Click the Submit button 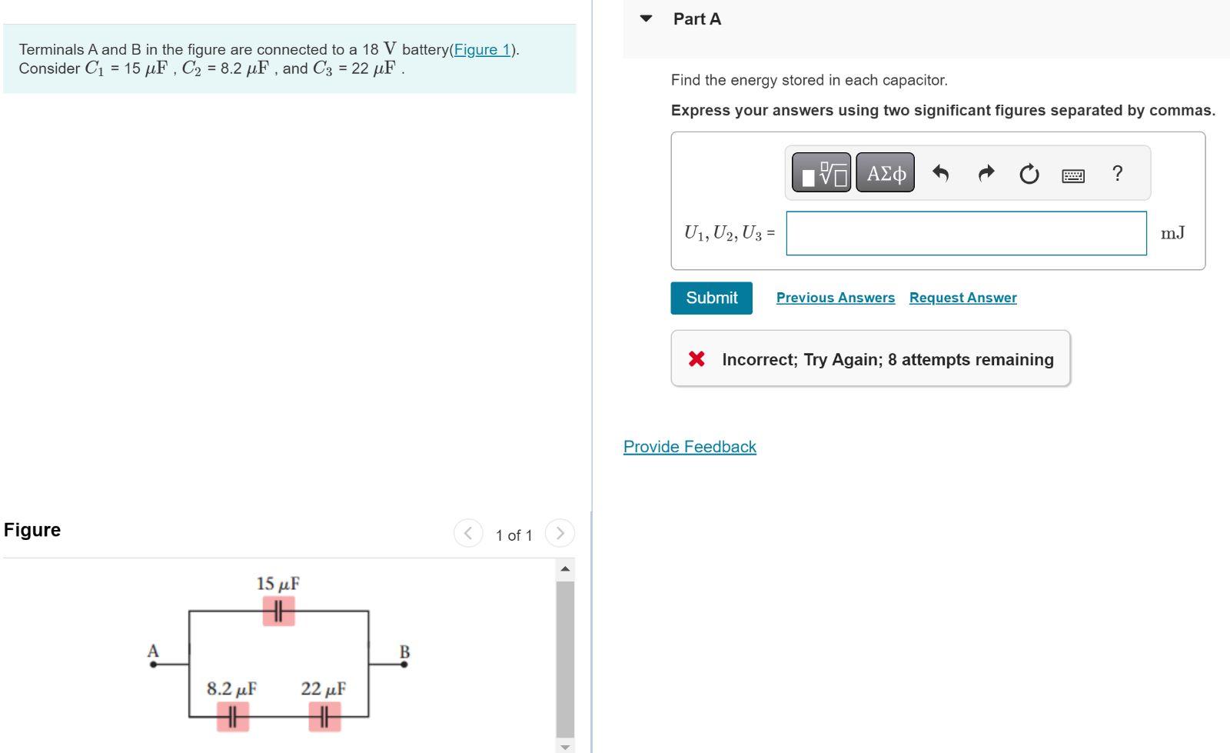[x=711, y=298]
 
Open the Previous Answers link [x=835, y=298]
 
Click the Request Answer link [x=962, y=298]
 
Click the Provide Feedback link [x=690, y=447]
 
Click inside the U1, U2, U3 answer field [x=966, y=233]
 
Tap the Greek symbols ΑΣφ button [x=885, y=173]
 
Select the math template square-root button [x=821, y=173]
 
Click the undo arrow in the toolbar [x=940, y=174]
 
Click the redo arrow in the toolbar [x=986, y=174]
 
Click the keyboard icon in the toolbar [x=1072, y=175]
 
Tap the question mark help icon [x=1117, y=173]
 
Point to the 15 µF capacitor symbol [x=278, y=611]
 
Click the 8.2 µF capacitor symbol [x=232, y=717]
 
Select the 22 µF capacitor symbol [x=324, y=717]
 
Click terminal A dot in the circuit [x=153, y=664]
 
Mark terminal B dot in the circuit [x=404, y=664]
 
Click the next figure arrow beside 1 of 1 [x=560, y=533]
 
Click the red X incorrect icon [x=696, y=358]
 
